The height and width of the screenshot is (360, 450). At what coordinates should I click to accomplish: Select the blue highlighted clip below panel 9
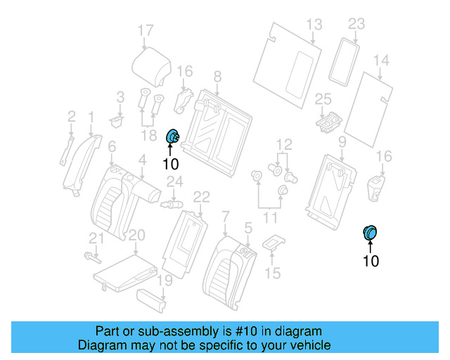point(369,232)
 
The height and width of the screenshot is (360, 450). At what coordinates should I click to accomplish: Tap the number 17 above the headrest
point(145,30)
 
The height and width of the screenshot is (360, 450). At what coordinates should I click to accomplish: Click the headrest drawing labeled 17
point(152,64)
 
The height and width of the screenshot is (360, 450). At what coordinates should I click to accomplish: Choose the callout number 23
point(356,25)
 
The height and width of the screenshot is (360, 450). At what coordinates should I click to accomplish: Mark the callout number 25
point(323,99)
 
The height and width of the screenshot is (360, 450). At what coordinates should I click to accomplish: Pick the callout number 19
point(164,281)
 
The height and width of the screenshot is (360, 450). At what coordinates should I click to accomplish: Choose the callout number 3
point(120,96)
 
